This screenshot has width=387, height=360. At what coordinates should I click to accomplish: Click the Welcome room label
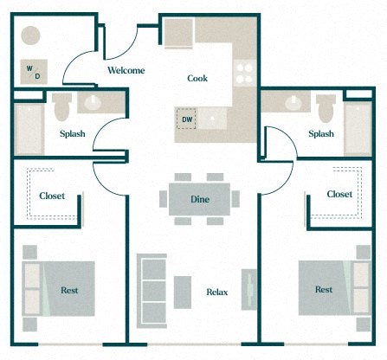126,70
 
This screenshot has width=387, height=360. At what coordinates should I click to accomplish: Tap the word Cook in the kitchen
197,78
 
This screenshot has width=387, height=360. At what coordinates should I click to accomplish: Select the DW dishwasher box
187,120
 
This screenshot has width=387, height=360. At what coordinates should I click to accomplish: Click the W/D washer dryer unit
33,71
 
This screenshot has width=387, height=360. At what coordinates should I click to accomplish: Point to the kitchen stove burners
245,72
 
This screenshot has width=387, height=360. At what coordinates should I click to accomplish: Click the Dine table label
199,200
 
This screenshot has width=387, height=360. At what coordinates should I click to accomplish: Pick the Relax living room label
216,292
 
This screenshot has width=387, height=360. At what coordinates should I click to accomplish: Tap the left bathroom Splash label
72,133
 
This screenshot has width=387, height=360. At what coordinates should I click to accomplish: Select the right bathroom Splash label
321,133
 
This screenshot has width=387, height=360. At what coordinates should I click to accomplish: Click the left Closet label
52,196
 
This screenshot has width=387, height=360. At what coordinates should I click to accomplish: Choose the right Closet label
339,194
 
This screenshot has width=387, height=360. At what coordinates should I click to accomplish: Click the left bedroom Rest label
69,289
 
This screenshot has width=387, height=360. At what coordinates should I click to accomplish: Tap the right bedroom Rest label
323,289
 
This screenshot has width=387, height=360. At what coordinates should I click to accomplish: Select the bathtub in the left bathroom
29,128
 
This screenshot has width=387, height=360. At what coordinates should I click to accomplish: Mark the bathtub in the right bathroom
358,128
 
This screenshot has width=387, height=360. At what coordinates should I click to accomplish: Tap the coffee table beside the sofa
182,291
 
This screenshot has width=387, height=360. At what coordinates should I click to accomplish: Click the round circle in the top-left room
31,36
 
